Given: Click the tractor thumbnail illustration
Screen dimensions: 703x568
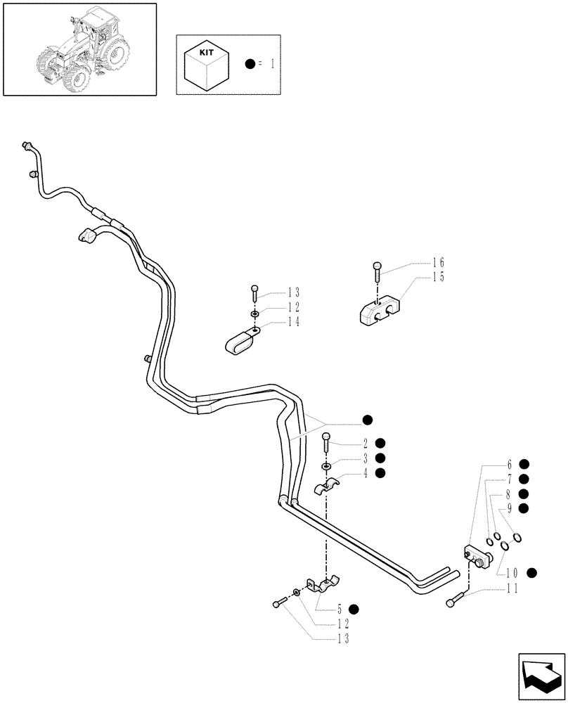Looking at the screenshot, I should click(79, 49).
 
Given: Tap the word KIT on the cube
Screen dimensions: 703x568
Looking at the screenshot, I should click(207, 52).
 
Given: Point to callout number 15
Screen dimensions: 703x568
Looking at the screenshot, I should click(439, 277).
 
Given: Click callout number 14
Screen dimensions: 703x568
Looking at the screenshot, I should click(293, 322).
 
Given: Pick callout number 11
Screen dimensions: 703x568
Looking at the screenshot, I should click(511, 589).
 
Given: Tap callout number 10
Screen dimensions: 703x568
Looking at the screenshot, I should click(511, 573).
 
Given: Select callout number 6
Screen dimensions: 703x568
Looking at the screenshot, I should click(508, 464).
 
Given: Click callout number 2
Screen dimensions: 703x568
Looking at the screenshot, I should click(366, 443).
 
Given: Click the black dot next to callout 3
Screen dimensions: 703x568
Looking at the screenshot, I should click(380, 458).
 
